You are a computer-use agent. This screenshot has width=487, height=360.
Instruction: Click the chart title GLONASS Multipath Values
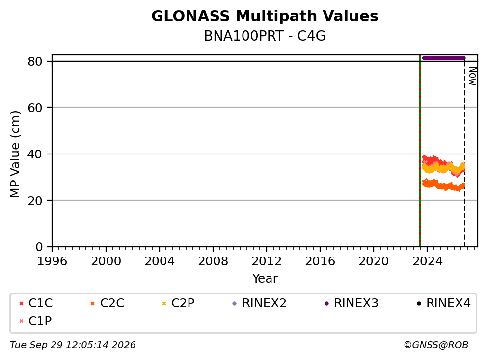point(265,16)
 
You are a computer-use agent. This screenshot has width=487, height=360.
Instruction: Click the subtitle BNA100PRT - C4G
point(265,36)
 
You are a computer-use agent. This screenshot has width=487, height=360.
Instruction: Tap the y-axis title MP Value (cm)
point(15,154)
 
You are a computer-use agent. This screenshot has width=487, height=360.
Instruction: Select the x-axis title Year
point(265,279)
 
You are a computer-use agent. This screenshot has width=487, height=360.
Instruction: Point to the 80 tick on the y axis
point(35,61)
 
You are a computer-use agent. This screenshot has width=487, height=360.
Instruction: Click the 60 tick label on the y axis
point(35,108)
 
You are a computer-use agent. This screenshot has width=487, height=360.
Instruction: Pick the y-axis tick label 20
point(35,201)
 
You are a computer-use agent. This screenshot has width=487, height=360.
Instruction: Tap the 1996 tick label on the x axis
point(52,261)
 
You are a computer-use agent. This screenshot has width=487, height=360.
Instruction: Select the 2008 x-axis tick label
point(213,261)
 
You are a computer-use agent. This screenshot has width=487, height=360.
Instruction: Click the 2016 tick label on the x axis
point(320,261)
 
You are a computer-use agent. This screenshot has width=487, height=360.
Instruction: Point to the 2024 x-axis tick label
point(427,261)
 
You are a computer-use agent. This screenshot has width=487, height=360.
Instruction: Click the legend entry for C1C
point(36,303)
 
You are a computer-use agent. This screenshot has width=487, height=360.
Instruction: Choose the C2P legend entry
point(178,303)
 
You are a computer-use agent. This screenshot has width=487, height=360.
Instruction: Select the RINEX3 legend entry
point(352,303)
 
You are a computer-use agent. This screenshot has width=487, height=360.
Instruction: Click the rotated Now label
point(472,76)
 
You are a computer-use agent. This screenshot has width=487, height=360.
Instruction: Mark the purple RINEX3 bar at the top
point(443,58)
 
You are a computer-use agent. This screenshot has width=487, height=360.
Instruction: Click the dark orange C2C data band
point(443,185)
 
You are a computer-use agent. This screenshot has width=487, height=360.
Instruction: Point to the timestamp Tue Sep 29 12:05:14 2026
point(73,345)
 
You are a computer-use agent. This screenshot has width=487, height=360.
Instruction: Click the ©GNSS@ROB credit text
point(436,345)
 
